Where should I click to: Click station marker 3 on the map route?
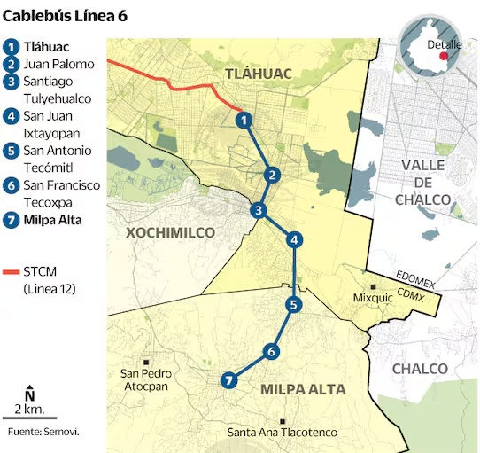(258, 210)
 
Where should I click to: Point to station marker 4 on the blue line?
(295, 238)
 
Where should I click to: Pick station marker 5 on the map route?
(294, 304)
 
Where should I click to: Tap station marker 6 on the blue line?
(271, 351)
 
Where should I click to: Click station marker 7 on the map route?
(230, 380)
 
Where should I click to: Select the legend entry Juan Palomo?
(58, 64)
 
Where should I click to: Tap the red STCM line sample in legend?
(12, 271)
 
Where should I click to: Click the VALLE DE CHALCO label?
(425, 183)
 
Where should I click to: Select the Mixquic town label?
(372, 299)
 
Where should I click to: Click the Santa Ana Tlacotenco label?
(283, 432)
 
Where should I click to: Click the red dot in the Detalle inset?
(456, 55)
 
